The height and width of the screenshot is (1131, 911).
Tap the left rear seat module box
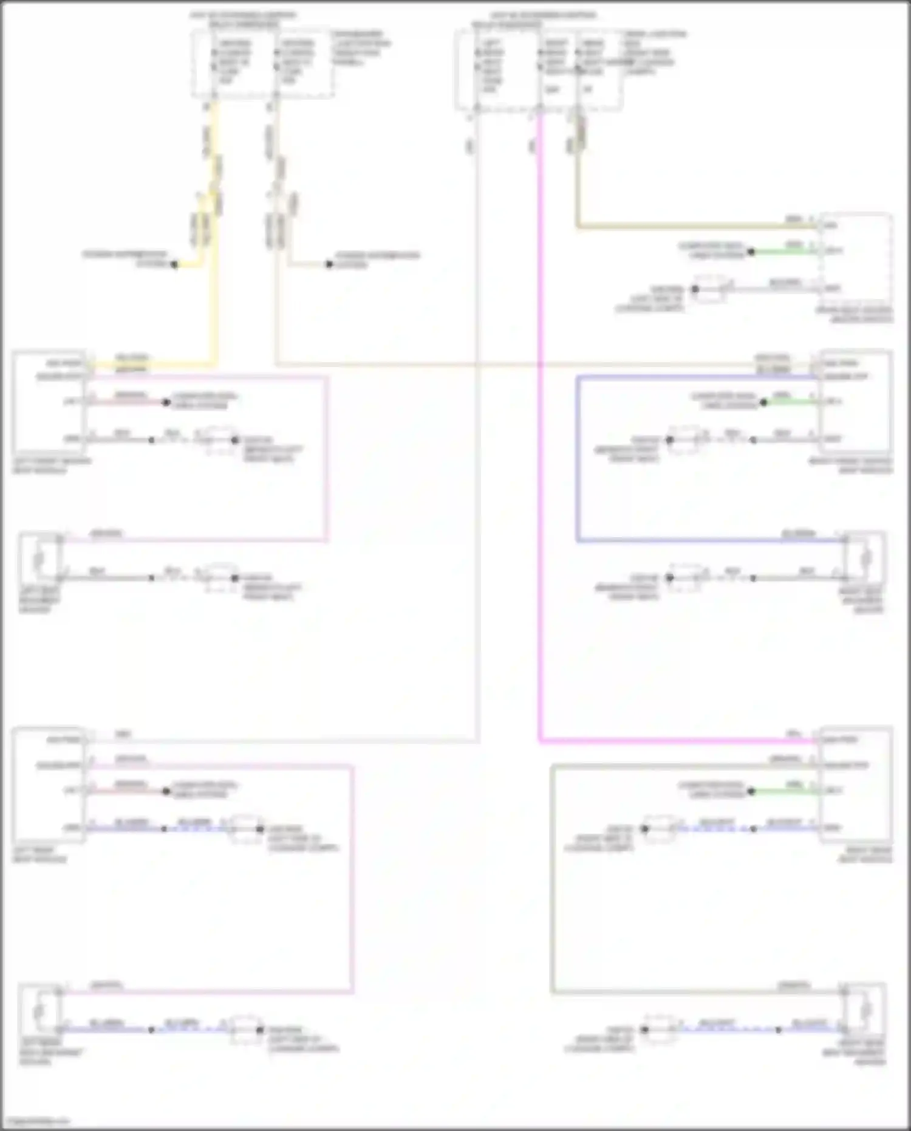pyautogui.click(x=49, y=784)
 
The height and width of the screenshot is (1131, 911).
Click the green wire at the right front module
pyautogui.click(x=790, y=402)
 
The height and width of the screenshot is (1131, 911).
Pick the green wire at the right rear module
pyautogui.click(x=783, y=791)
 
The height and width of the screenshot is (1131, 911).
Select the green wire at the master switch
pyautogui.click(x=783, y=251)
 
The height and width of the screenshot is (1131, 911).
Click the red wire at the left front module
pyautogui.click(x=128, y=402)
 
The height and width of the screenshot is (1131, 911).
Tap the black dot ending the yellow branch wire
pyautogui.click(x=174, y=264)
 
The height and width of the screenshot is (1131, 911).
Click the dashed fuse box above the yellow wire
pyautogui.click(x=262, y=64)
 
